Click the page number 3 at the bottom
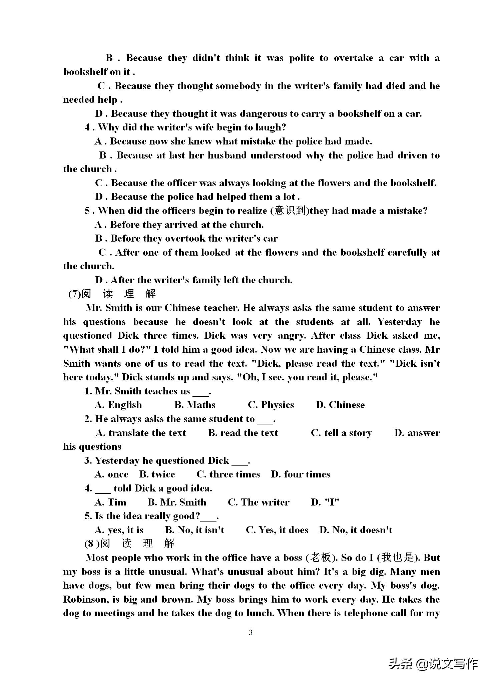pyautogui.click(x=251, y=632)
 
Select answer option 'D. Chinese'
pyautogui.click(x=340, y=405)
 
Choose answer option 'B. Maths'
pyautogui.click(x=195, y=405)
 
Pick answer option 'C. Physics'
pyautogui.click(x=271, y=405)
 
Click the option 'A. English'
pyautogui.click(x=118, y=405)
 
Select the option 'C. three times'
pyautogui.click(x=228, y=474)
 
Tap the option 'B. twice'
pyautogui.click(x=157, y=474)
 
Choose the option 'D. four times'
pyautogui.click(x=301, y=474)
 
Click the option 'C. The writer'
pyautogui.click(x=259, y=502)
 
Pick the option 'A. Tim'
pyautogui.click(x=110, y=502)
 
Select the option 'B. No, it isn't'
pyautogui.click(x=195, y=530)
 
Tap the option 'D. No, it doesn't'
pyautogui.click(x=356, y=530)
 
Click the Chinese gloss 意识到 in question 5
pyautogui.click(x=290, y=211)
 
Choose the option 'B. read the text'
pyautogui.click(x=243, y=433)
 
